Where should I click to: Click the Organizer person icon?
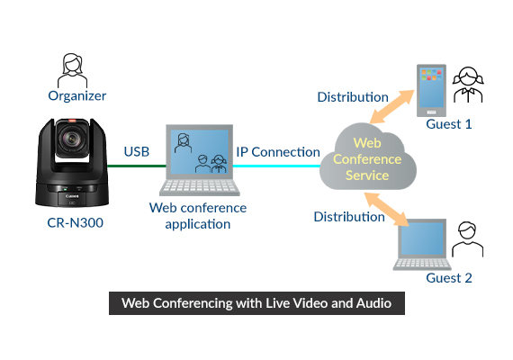[73, 68]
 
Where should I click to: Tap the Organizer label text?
[76, 95]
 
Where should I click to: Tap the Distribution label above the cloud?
[353, 96]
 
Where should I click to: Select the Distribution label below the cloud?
[349, 217]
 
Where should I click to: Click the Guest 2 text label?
[448, 278]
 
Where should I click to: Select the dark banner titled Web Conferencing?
[256, 303]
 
